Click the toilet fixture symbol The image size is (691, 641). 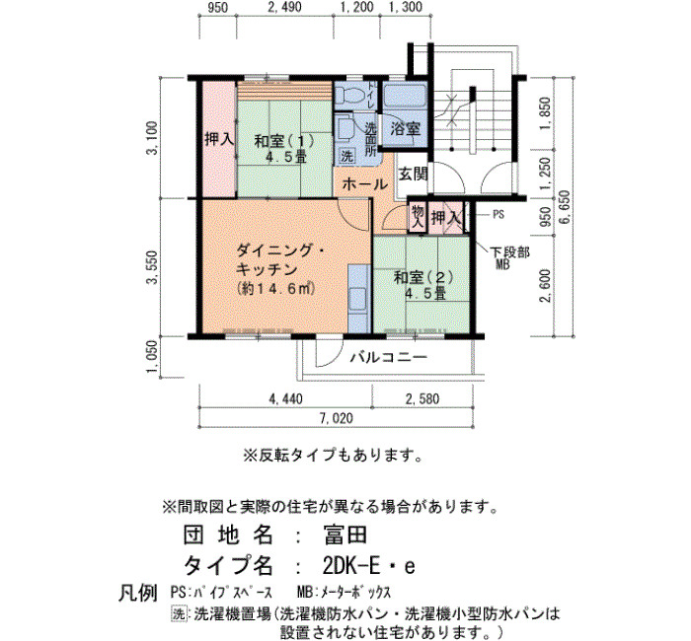coord(349,95)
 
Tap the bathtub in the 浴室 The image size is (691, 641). coord(405,95)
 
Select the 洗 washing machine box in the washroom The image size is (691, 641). coord(346,156)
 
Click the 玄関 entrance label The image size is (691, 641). coord(414,175)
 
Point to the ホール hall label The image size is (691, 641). coord(364,184)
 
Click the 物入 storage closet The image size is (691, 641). coord(418,217)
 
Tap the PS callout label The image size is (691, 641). coord(498,215)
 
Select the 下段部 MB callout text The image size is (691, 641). coord(509,258)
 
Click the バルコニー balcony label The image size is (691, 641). coord(389,357)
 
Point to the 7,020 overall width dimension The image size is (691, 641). coord(337,418)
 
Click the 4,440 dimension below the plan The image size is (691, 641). coord(285,398)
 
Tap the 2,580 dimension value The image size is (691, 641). coord(422,398)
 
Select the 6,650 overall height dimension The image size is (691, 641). coord(564,207)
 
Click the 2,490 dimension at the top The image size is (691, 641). coord(285,8)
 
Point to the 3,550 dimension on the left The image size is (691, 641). coord(152,267)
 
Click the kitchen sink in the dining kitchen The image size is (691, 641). coord(357,300)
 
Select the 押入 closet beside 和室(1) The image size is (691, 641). coord(218,140)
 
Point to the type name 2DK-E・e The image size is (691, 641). coord(368,566)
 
